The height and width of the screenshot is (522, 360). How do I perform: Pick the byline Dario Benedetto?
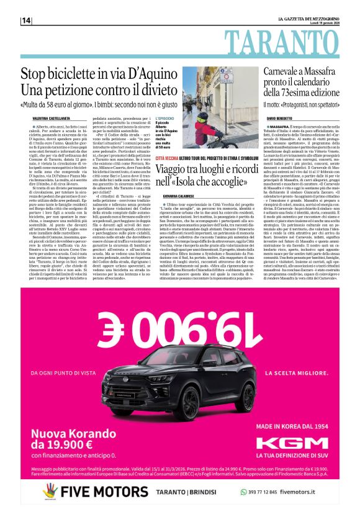point(282,118)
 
